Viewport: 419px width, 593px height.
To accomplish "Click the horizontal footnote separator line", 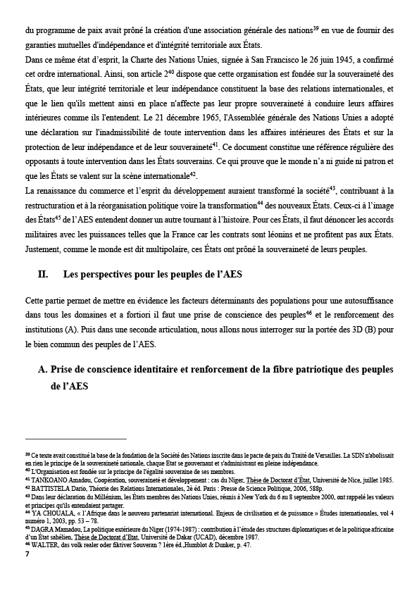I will [75, 439].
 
